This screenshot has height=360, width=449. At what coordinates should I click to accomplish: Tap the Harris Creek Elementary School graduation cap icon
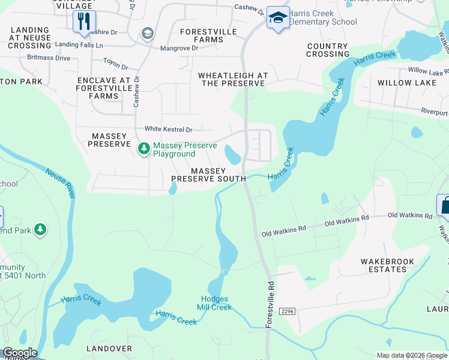coord(277,18)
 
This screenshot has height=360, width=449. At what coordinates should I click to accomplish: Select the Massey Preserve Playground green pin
coord(143,148)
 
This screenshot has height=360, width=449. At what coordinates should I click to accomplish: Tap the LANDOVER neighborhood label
coord(109,349)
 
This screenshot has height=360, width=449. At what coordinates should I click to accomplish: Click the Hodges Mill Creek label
coord(214,304)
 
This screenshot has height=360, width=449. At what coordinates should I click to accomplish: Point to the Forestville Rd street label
coord(271,302)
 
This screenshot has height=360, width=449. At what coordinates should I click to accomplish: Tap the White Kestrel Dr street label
coord(168,129)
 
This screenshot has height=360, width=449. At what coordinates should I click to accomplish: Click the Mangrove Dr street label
coord(178,48)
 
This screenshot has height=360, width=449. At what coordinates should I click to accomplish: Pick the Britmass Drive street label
coord(49,58)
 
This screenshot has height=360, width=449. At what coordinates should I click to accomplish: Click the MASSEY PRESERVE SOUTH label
coord(208,175)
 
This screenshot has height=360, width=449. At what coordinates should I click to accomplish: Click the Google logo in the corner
coord(19,353)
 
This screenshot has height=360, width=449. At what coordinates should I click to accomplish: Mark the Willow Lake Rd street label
coord(427,71)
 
